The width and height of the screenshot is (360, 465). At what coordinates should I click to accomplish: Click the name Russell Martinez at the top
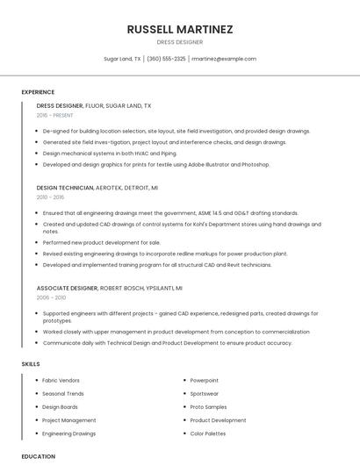(x=179, y=29)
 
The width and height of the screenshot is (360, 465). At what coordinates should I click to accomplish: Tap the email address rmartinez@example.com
(x=224, y=59)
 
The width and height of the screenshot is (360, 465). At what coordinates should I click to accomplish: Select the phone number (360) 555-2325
(x=166, y=59)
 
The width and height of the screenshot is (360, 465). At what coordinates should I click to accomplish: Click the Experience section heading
(x=38, y=92)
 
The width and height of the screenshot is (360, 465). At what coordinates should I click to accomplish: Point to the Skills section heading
(x=31, y=363)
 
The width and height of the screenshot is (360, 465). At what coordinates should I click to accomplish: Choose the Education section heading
(x=38, y=456)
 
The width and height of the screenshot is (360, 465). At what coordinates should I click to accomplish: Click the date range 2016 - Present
(x=55, y=115)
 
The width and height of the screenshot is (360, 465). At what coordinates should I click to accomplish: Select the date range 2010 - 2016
(x=51, y=197)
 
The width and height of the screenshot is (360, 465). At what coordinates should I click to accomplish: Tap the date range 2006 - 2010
(x=51, y=297)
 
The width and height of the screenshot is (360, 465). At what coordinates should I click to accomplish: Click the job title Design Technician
(x=65, y=188)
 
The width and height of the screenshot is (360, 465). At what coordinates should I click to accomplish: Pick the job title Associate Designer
(x=67, y=288)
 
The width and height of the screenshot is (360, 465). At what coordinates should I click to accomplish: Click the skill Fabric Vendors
(x=61, y=380)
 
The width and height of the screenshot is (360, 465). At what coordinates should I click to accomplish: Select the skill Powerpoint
(x=205, y=380)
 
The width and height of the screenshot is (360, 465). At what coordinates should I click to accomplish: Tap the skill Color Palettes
(x=208, y=433)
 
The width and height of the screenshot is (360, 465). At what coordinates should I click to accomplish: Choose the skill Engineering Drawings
(x=68, y=433)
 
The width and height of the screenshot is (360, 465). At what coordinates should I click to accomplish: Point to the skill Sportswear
(x=205, y=393)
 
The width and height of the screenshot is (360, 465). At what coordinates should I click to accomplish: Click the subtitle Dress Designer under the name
(x=179, y=42)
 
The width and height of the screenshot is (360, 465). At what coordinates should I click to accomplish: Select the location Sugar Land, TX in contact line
(x=122, y=59)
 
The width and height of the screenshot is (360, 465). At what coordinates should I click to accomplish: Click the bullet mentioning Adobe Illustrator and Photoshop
(x=156, y=164)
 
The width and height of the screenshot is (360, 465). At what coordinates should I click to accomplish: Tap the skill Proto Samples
(x=208, y=407)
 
